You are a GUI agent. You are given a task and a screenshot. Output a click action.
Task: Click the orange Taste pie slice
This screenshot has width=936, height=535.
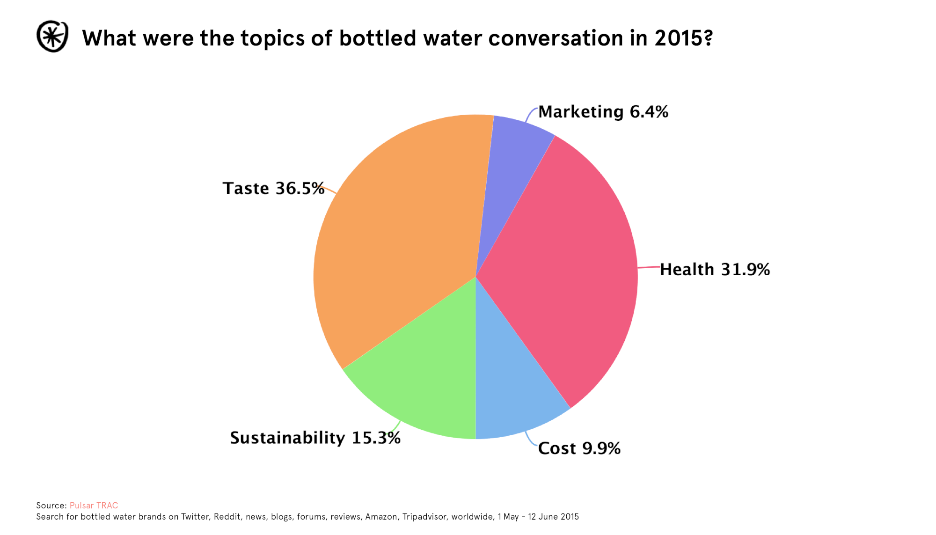click(x=398, y=234)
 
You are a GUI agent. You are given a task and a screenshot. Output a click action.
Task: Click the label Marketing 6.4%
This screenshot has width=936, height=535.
click(x=603, y=112)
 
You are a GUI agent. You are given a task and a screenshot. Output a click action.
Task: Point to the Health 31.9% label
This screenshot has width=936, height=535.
click(x=715, y=270)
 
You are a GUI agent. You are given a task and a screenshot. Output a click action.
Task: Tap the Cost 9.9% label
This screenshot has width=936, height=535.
click(x=579, y=448)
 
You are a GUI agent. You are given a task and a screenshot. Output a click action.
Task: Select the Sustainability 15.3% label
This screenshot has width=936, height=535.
click(x=315, y=438)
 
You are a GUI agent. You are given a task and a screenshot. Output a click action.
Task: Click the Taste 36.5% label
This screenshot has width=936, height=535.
click(x=273, y=188)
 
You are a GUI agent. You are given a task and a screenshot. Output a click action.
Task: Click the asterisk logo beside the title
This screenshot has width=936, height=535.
click(x=52, y=37)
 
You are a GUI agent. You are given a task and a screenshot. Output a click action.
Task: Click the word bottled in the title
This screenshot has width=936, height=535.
click(x=378, y=38)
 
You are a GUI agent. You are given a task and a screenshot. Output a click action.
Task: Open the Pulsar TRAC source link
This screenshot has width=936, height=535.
click(x=94, y=506)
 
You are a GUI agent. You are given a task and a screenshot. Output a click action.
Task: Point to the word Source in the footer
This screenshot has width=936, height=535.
click(x=51, y=506)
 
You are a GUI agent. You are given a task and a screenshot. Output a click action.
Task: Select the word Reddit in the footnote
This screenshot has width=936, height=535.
click(x=227, y=517)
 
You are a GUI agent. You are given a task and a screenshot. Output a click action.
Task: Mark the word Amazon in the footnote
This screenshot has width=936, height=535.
click(x=381, y=517)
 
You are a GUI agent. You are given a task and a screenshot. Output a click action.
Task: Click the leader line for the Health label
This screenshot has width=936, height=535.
click(x=649, y=267)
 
